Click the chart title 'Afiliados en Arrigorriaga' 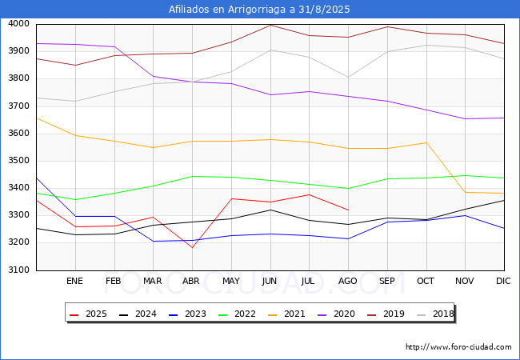[x=259, y=10]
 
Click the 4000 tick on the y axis [x=18, y=24]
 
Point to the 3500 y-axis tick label [x=18, y=161]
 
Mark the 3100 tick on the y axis [x=18, y=270]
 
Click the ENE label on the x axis [x=74, y=282]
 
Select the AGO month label [x=348, y=282]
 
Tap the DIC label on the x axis [x=503, y=282]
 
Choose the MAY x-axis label [x=230, y=282]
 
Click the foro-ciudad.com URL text [x=458, y=347]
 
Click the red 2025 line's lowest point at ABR [x=192, y=247]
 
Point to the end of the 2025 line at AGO [x=348, y=210]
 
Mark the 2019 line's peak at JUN [x=270, y=25]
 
